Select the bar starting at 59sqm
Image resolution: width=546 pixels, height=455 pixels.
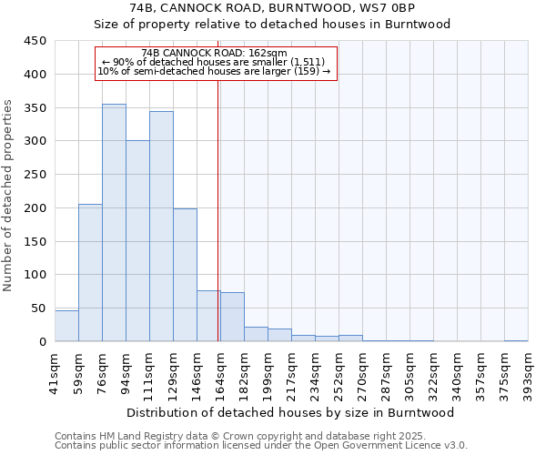pyautogui.click(x=90, y=273)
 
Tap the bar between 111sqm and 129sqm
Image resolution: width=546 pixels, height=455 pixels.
pyautogui.click(x=161, y=227)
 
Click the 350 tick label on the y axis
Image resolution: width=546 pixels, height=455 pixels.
pyautogui.click(x=35, y=107)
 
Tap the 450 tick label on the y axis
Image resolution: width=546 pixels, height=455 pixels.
pyautogui.click(x=35, y=41)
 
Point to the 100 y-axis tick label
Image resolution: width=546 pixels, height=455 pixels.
pyautogui.click(x=35, y=275)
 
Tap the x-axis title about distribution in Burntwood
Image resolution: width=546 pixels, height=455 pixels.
pyautogui.click(x=290, y=412)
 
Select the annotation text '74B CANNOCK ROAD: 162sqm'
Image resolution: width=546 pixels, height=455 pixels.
pyautogui.click(x=215, y=53)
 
